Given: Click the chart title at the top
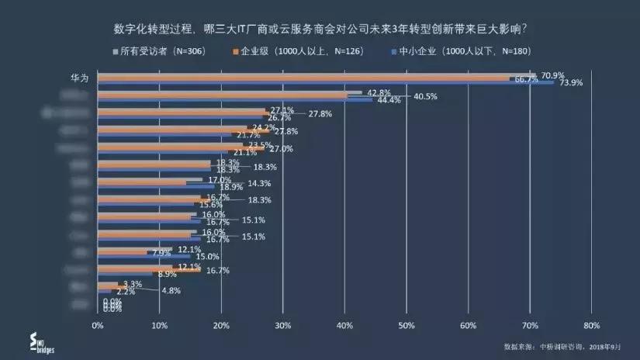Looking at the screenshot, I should pyautogui.click(x=320, y=29).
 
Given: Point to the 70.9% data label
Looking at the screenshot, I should pyautogui.click(x=552, y=74).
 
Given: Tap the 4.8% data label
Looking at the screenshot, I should pyautogui.click(x=171, y=291).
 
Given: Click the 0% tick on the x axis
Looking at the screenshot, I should pyautogui.click(x=98, y=325).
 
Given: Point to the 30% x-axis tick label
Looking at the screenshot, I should pyautogui.click(x=283, y=325).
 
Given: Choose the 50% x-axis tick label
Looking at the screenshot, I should pyautogui.click(x=406, y=325).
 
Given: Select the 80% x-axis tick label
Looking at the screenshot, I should pyautogui.click(x=591, y=325).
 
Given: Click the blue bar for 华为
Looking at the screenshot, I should pyautogui.click(x=326, y=82).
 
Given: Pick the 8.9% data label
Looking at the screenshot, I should pyautogui.click(x=166, y=274).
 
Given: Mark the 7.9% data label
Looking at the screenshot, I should pyautogui.click(x=161, y=253).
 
